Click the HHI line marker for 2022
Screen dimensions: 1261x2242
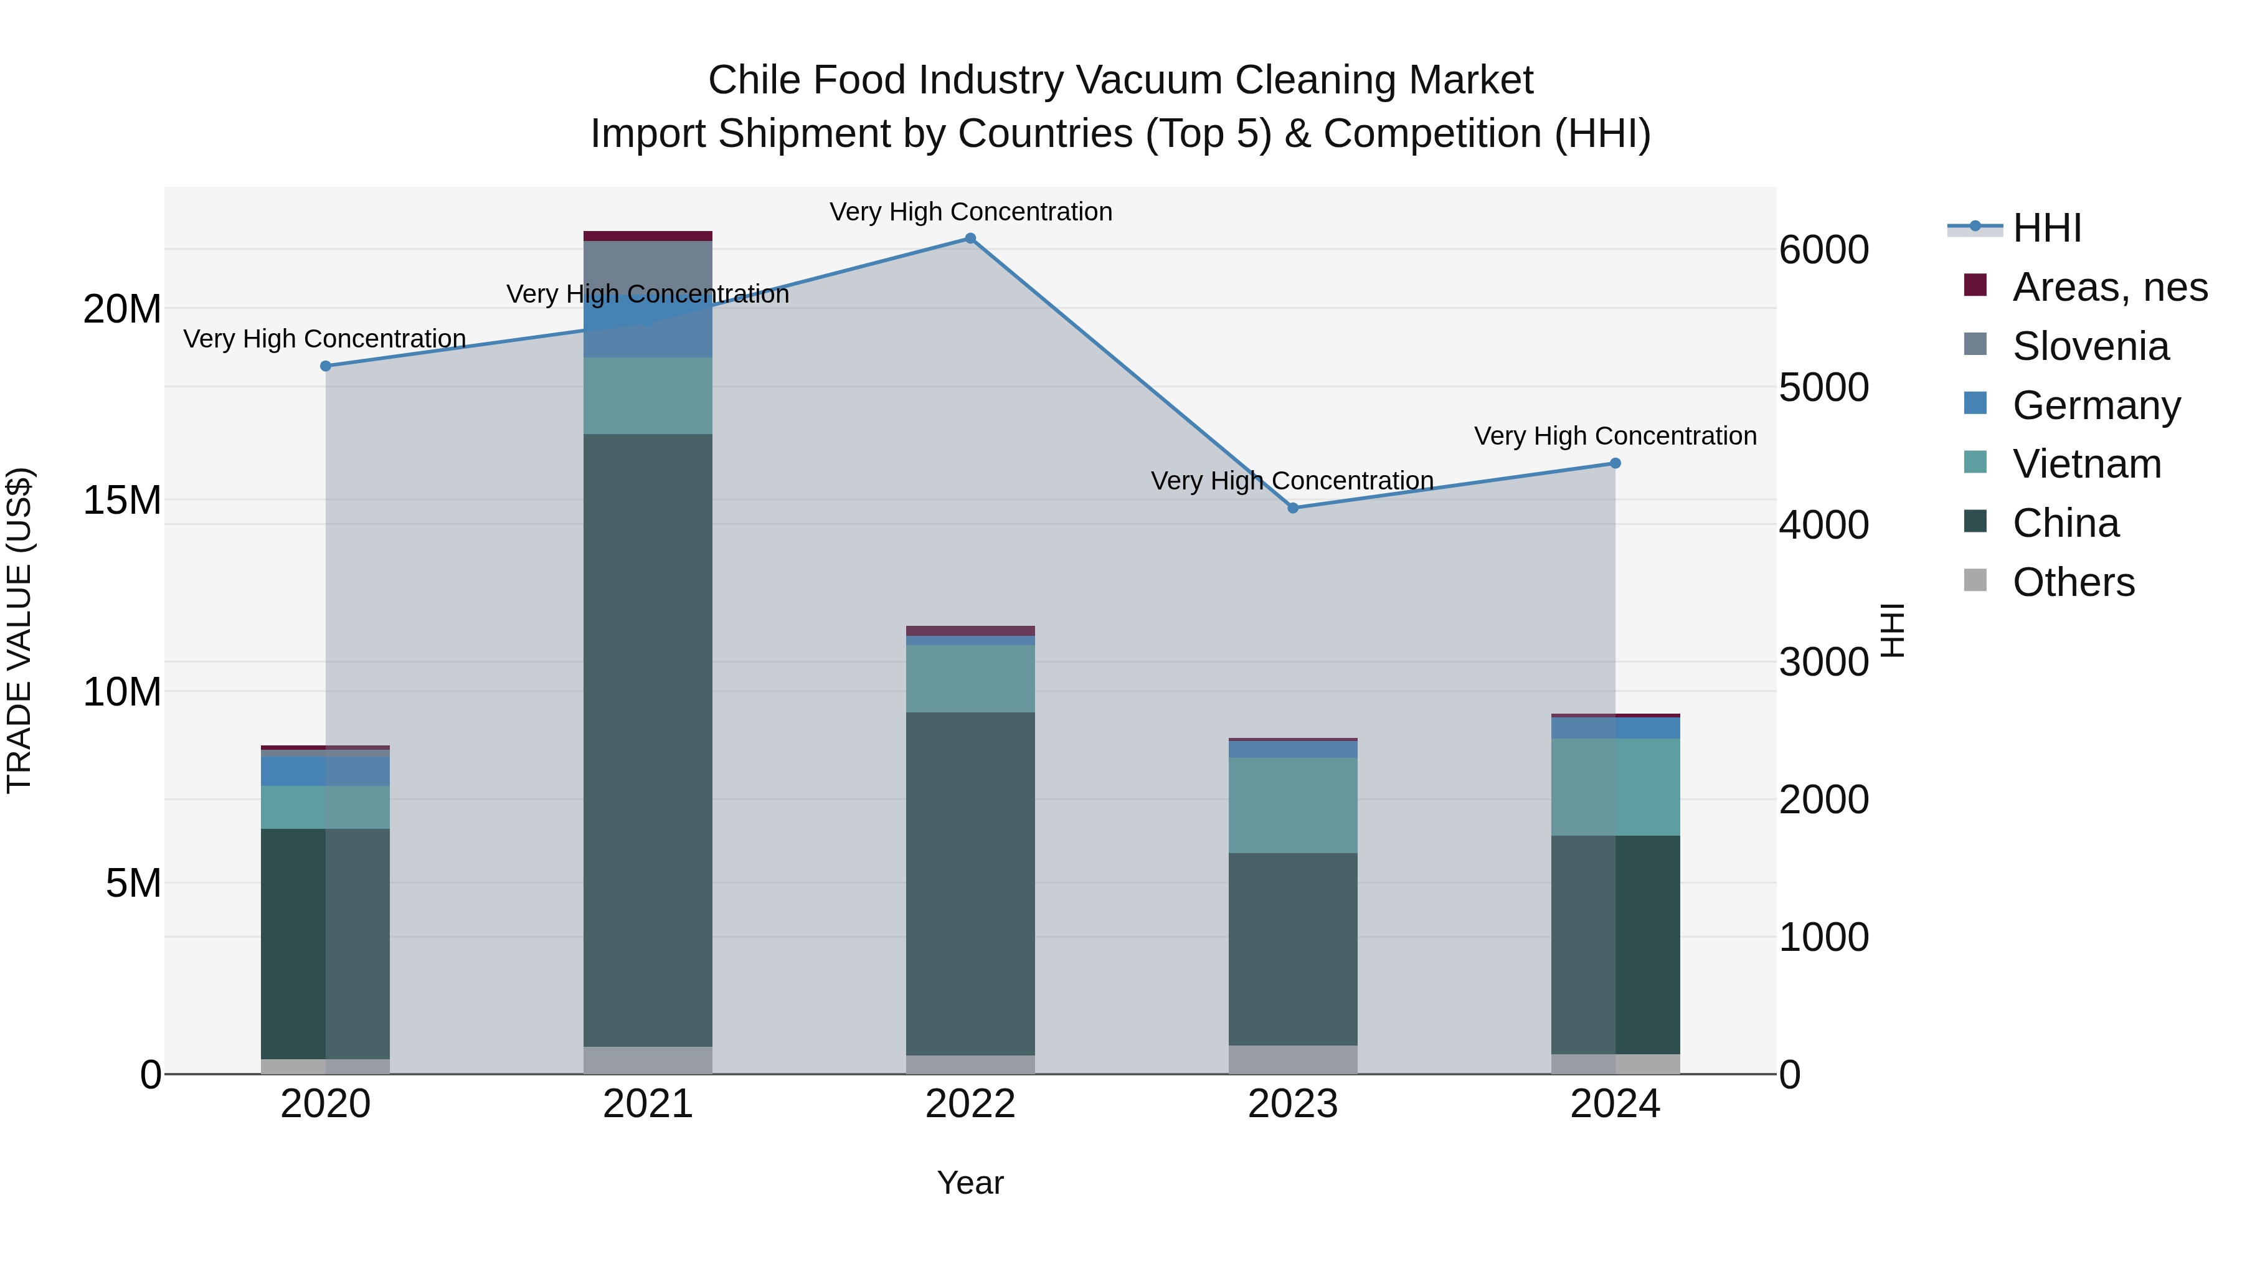pyautogui.click(x=970, y=239)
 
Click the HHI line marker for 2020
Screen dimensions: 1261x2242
pyautogui.click(x=326, y=366)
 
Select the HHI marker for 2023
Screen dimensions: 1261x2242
pyautogui.click(x=1292, y=508)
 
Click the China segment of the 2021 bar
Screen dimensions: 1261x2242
pyautogui.click(x=648, y=740)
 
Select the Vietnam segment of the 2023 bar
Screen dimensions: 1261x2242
pyautogui.click(x=1292, y=805)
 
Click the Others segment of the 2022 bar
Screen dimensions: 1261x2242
pyautogui.click(x=970, y=1064)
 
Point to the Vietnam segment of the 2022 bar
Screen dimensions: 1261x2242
pyautogui.click(x=970, y=679)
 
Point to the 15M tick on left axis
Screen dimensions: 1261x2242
pyautogui.click(x=122, y=501)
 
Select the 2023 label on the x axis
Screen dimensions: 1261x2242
pyautogui.click(x=1292, y=1104)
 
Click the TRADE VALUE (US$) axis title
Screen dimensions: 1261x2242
pyautogui.click(x=19, y=630)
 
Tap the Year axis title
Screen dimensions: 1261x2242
pyautogui.click(x=970, y=1183)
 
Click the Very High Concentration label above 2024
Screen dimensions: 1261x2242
pyautogui.click(x=1615, y=436)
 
